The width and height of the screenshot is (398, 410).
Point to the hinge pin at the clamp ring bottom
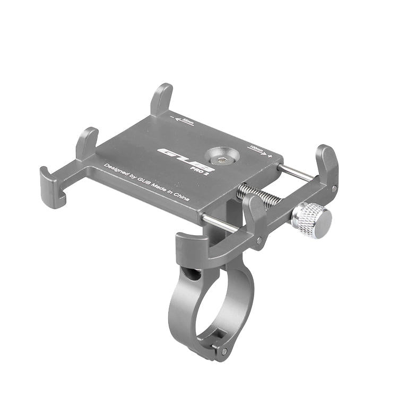224,351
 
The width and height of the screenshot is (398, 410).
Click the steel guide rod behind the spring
297,173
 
